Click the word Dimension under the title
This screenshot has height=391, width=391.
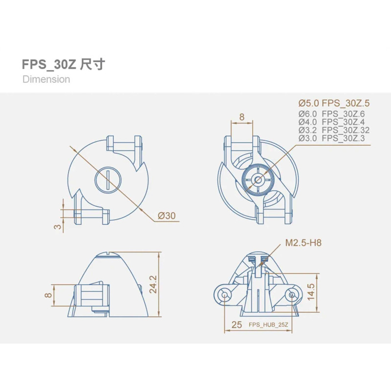[x=46, y=79]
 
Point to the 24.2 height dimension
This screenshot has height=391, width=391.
[x=152, y=284]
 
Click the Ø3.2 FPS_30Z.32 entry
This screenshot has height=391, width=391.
[x=334, y=130]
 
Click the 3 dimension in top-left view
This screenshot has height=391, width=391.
[x=58, y=227]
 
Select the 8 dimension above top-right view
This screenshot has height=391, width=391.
[x=241, y=117]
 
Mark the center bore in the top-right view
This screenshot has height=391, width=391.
[x=258, y=180]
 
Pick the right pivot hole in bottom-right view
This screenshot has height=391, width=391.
[x=292, y=294]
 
